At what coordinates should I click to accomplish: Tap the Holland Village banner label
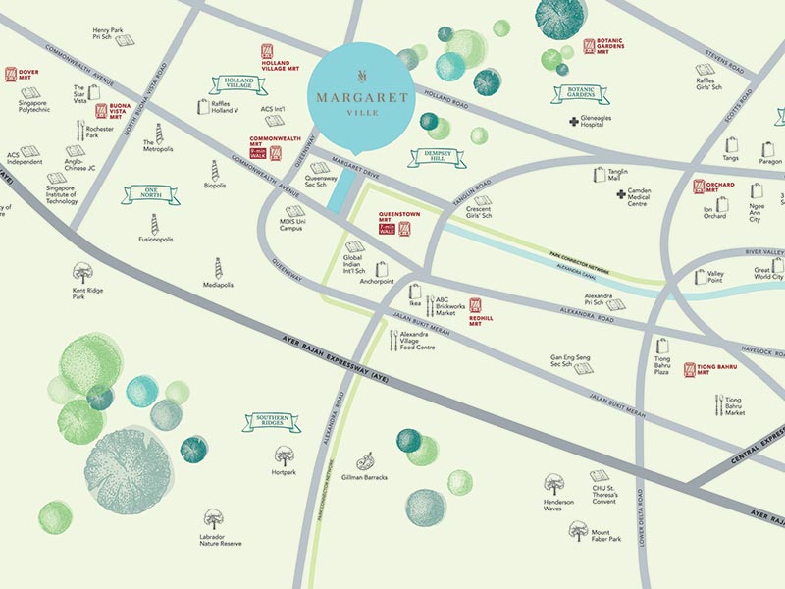[x=237, y=85]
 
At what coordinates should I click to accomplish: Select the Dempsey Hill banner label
[x=437, y=157]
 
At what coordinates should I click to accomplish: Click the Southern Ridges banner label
[x=271, y=422]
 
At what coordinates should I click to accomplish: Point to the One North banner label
[x=150, y=195]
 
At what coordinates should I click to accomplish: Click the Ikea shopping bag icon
[x=415, y=291]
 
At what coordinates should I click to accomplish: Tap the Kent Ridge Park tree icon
[x=82, y=272]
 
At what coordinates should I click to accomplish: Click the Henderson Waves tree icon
[x=554, y=483]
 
